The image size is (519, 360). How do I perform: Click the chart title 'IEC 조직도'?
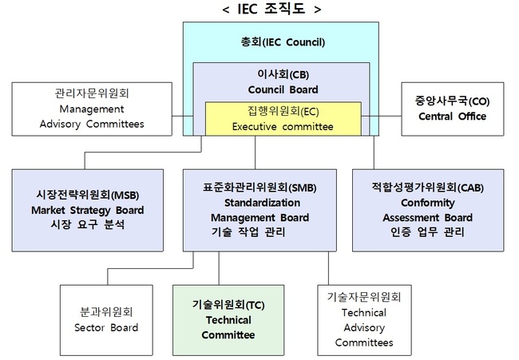(271, 9)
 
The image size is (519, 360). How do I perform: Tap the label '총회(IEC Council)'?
(283, 42)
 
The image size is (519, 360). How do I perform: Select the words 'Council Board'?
(283, 89)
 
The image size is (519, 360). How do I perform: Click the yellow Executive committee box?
(283, 119)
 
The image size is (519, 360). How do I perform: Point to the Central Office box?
(453, 109)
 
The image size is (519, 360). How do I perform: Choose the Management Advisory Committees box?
(92, 109)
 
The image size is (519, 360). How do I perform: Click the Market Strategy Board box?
(87, 211)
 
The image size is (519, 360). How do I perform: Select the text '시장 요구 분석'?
(87, 224)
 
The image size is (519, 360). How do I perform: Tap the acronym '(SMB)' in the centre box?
(302, 188)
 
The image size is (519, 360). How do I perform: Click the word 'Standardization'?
(262, 203)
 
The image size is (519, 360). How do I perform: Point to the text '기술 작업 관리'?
(248, 232)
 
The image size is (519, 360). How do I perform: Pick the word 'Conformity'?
(428, 203)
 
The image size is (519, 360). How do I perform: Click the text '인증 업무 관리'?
(427, 232)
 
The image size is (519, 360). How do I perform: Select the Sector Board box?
(106, 320)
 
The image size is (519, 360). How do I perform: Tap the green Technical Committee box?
(228, 320)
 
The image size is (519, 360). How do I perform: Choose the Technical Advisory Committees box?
(364, 320)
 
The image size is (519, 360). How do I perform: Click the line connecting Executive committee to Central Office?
(382, 116)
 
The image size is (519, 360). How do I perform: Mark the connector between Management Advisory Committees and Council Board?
(183, 116)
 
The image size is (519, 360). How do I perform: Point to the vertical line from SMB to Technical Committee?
(219, 268)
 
